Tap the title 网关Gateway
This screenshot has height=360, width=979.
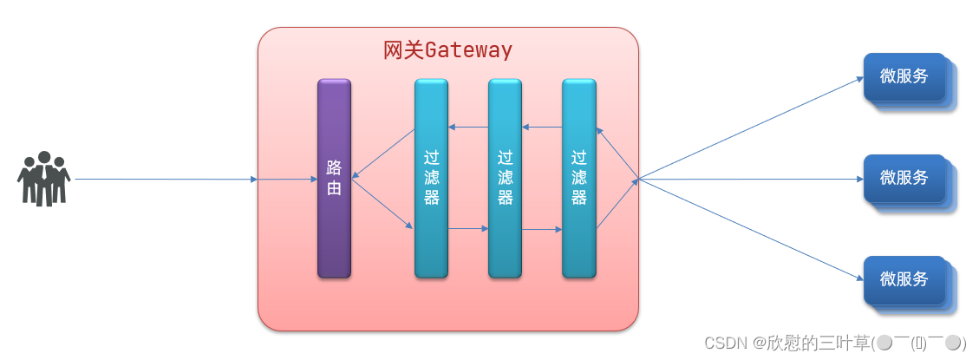pos(447,50)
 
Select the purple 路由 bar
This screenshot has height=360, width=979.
pos(334,178)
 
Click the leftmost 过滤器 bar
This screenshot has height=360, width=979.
pos(431,178)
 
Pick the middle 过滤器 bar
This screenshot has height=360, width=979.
pos(505,178)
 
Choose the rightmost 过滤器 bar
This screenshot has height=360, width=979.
pos(579,178)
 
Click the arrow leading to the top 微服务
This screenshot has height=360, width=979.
pos(750,128)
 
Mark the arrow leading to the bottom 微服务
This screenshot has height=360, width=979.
pos(750,230)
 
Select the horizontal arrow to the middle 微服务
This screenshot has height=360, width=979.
pos(750,180)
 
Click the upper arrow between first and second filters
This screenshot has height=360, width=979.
pos(468,128)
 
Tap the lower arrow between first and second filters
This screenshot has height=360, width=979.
pos(468,229)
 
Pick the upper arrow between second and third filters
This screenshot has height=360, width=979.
pos(542,128)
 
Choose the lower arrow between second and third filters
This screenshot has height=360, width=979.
pos(542,230)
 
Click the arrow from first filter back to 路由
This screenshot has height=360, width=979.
pos(383,153)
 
